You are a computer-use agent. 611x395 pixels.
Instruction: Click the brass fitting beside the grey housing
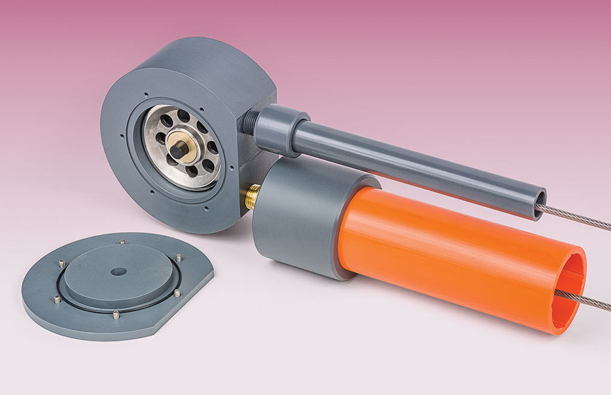252,196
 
